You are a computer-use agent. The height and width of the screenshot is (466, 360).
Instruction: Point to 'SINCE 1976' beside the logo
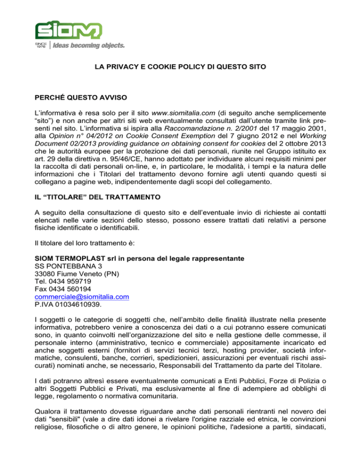pyautogui.click(x=40, y=45)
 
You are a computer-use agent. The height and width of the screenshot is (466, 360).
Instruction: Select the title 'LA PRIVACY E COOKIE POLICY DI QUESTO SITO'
pyautogui.click(x=180, y=68)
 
